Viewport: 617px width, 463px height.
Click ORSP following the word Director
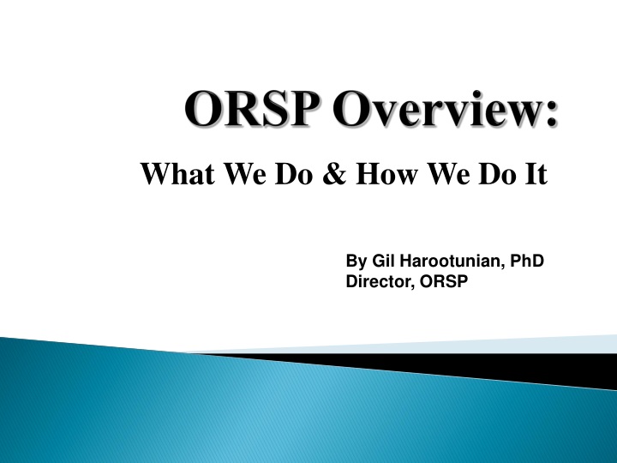point(438,280)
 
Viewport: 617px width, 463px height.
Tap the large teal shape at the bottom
point(257,412)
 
